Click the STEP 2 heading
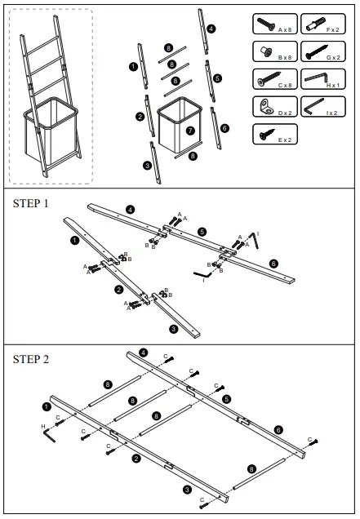pos(31,358)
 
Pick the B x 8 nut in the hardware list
pos(266,51)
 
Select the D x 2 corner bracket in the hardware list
pos(266,106)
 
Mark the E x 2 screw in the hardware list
pos(266,133)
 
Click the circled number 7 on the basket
pos(190,130)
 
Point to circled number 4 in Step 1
pos(129,209)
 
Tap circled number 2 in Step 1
pos(118,290)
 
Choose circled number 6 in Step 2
pos(279,429)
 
